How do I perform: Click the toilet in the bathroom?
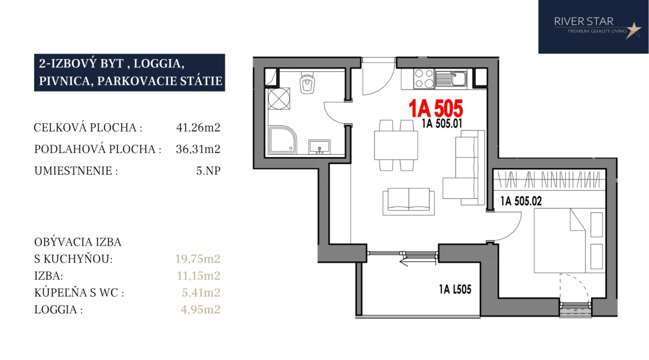pyautogui.click(x=307, y=83)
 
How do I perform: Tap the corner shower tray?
pyautogui.click(x=283, y=140)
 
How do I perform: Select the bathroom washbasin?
pyautogui.click(x=319, y=147)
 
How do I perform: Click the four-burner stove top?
pyautogui.click(x=424, y=78)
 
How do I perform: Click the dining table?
pyautogui.click(x=396, y=145)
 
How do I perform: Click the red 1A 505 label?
pyautogui.click(x=435, y=109)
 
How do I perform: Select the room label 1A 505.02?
pyautogui.click(x=521, y=201)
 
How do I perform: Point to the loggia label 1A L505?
pyautogui.click(x=455, y=289)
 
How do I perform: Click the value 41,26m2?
pyautogui.click(x=198, y=127)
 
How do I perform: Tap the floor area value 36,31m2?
pyautogui.click(x=198, y=149)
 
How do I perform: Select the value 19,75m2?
pyautogui.click(x=198, y=258)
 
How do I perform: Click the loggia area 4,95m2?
pyautogui.click(x=201, y=309)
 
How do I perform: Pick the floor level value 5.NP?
pyautogui.click(x=208, y=171)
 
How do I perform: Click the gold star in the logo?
pyautogui.click(x=633, y=30)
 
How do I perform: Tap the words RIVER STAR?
pyautogui.click(x=584, y=21)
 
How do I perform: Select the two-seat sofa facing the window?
pyautogui.click(x=408, y=201)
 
